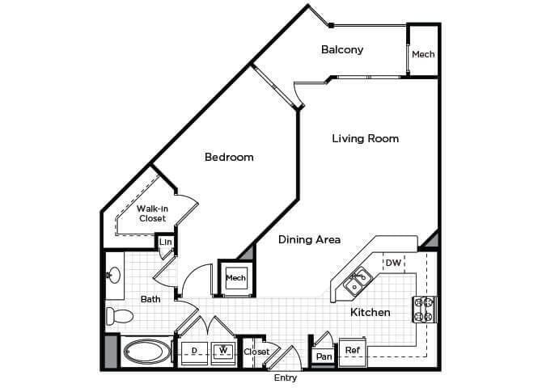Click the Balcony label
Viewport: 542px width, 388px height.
[342, 49]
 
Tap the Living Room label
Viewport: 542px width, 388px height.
[365, 138]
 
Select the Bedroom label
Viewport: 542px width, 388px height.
[229, 157]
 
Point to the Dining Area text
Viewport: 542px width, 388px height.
[309, 239]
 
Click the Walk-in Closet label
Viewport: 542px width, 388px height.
[151, 213]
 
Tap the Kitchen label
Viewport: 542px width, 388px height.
[371, 312]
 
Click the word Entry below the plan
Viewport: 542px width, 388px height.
[286, 377]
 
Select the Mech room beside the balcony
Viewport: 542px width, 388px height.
[423, 54]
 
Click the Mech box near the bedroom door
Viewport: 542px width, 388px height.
[236, 278]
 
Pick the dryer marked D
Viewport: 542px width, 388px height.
[194, 350]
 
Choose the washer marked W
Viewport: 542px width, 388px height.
[222, 350]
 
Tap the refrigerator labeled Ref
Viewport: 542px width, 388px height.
[352, 350]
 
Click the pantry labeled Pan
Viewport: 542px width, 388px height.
[324, 356]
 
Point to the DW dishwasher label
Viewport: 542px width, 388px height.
[393, 264]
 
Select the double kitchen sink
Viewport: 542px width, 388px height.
[357, 282]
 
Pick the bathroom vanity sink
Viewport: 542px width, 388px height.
[114, 275]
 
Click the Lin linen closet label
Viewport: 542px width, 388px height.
[165, 242]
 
